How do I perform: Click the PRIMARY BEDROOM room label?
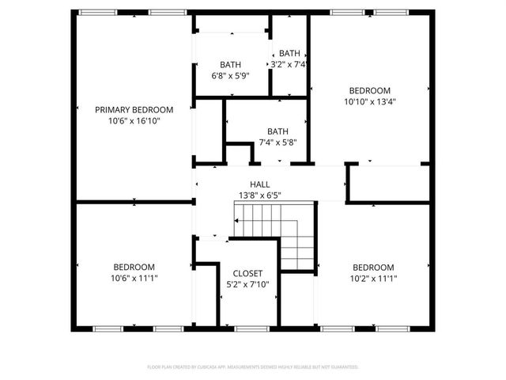click(x=134, y=109)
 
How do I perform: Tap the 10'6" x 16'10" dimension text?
click(x=134, y=121)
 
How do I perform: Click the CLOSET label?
click(x=247, y=273)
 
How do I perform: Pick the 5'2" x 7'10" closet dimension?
click(x=247, y=284)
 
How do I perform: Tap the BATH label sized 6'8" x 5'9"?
click(x=230, y=65)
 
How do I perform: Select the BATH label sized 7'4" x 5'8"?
click(x=278, y=131)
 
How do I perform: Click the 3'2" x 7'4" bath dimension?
click(x=289, y=64)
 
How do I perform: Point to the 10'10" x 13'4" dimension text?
click(x=369, y=101)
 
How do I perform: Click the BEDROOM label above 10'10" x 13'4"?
click(x=369, y=90)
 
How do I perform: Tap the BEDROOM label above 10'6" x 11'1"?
click(x=134, y=267)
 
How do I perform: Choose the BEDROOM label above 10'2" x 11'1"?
click(x=372, y=267)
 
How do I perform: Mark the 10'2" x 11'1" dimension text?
click(x=372, y=278)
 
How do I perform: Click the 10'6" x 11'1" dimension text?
click(x=134, y=278)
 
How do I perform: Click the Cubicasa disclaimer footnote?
click(x=252, y=367)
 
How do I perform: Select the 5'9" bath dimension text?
click(x=230, y=76)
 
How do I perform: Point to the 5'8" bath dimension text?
click(x=278, y=142)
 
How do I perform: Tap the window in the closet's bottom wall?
click(x=247, y=328)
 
